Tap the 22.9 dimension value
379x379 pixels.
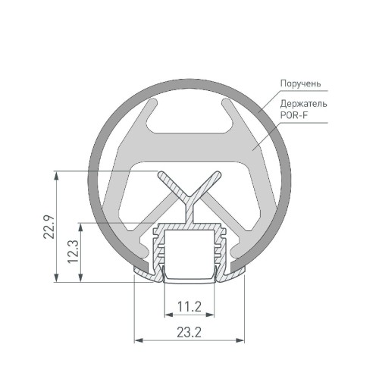[47, 227]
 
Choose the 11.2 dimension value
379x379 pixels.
[188, 306]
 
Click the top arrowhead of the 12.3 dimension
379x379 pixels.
[80, 227]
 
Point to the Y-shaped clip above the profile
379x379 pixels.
[189, 189]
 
